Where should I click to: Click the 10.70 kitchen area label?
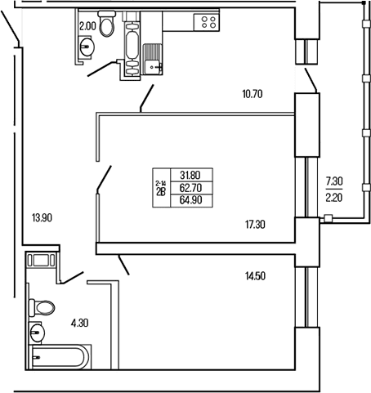click(x=253, y=94)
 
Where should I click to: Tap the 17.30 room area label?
click(x=255, y=225)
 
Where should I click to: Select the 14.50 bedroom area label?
click(x=255, y=276)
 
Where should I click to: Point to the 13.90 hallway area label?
click(x=42, y=218)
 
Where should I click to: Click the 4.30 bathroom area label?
click(x=79, y=324)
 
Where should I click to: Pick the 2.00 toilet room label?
click(x=87, y=26)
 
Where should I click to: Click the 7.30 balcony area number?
click(x=334, y=181)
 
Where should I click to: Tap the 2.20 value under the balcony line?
click(x=334, y=198)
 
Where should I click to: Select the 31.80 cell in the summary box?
click(x=190, y=175)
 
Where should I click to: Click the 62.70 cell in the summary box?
click(x=190, y=188)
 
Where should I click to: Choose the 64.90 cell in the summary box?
click(x=190, y=200)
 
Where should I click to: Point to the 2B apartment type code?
click(x=161, y=192)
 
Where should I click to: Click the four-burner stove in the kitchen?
click(x=206, y=22)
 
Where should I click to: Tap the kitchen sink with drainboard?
click(x=153, y=59)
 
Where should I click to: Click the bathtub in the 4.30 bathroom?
click(x=60, y=357)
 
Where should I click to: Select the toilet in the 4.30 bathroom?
click(x=42, y=308)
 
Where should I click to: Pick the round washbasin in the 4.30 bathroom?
click(x=37, y=332)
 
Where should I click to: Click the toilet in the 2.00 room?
click(x=106, y=24)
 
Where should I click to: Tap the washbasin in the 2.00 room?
click(x=87, y=47)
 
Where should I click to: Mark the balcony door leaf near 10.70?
click(x=311, y=80)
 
